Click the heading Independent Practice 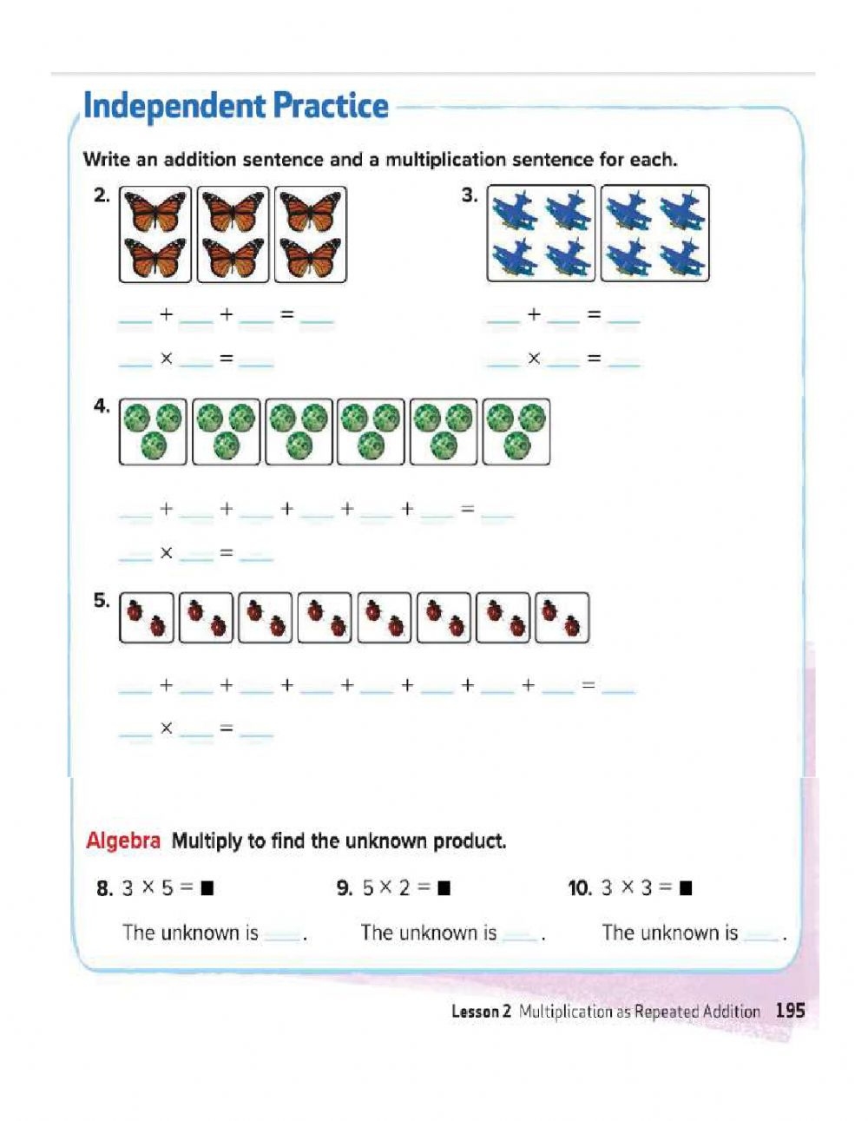235,106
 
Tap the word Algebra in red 123,841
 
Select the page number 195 790,1011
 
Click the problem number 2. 102,195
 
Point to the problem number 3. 469,195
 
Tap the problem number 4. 102,406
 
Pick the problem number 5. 102,601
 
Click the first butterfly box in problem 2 155,234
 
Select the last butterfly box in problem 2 310,234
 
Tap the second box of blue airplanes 654,234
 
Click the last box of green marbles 516,432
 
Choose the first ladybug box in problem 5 146,617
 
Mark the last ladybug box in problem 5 562,617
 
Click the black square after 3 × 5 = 207,888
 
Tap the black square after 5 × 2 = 444,888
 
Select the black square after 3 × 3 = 686,888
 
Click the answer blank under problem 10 761,936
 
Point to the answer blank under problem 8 282,936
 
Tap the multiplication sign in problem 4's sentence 166,552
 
